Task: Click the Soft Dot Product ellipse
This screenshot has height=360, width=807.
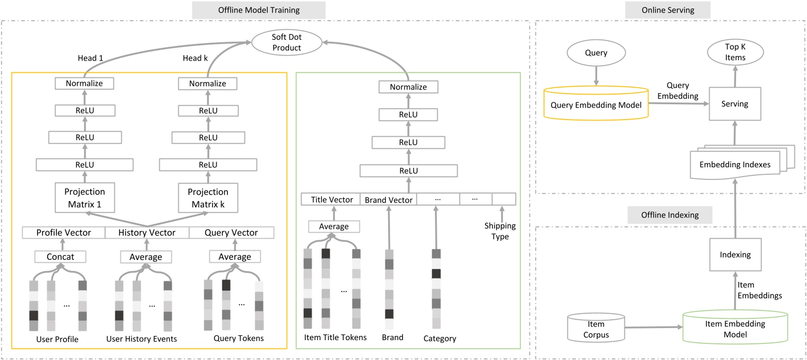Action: (286, 42)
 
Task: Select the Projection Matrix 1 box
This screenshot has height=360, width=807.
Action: (84, 198)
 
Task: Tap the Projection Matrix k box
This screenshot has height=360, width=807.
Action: (208, 198)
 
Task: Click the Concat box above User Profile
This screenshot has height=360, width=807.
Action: (60, 257)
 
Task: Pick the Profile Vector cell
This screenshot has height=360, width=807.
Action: (63, 233)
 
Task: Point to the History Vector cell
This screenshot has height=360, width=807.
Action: (147, 233)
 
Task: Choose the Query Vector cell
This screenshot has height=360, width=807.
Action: (231, 233)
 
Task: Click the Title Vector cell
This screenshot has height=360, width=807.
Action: (331, 199)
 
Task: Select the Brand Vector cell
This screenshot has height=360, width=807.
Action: (388, 200)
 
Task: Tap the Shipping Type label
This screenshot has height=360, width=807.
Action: (500, 231)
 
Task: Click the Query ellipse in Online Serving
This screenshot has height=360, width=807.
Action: (596, 53)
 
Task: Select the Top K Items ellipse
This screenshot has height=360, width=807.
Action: (735, 52)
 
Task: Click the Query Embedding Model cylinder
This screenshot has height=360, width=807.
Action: (596, 104)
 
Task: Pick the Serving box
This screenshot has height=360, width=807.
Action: (735, 104)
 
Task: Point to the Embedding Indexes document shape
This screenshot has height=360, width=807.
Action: (735, 164)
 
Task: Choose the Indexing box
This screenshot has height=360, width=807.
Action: (735, 254)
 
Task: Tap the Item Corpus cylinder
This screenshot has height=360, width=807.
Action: (596, 329)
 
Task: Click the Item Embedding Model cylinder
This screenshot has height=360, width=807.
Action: (735, 329)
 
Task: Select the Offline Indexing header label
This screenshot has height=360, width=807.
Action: (669, 215)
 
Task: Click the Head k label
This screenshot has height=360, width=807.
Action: (195, 58)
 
